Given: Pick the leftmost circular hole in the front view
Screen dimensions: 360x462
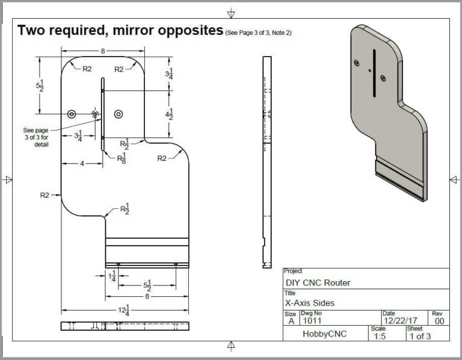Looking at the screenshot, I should click(72, 114).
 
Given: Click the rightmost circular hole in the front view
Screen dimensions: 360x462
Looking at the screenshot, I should click(118, 114).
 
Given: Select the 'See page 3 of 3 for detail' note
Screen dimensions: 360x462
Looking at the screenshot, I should click(35, 137).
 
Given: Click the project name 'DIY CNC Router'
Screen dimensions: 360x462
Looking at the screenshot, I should click(317, 282).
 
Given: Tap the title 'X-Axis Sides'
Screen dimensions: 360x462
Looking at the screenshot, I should click(310, 303).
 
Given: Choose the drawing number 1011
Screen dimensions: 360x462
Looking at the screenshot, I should click(313, 321).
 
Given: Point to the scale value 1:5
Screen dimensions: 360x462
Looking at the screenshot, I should click(378, 337).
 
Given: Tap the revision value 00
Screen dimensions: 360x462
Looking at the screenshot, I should click(439, 321).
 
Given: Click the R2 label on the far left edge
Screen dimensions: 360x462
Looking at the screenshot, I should click(45, 194).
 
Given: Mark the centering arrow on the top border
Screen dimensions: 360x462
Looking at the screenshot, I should click(231, 13).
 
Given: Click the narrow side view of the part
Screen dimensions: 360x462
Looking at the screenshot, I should click(265, 163).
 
